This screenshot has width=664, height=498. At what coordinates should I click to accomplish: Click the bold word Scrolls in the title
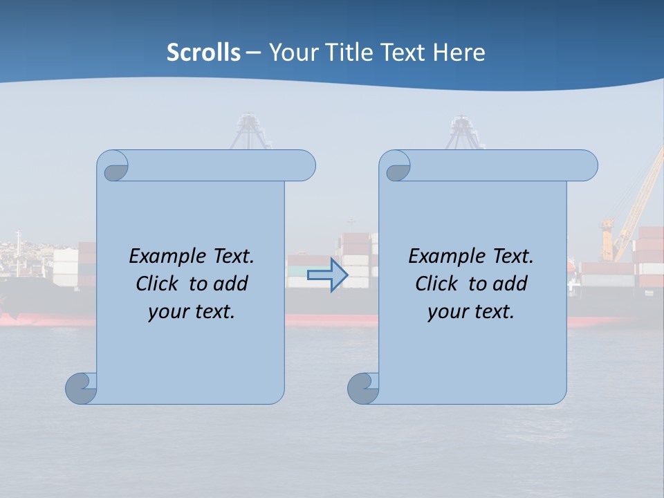point(203,53)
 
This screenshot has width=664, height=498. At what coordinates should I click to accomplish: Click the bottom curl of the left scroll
point(81,388)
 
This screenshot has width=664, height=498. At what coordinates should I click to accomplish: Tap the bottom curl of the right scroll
point(362,388)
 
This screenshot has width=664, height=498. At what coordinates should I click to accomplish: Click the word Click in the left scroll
point(158,284)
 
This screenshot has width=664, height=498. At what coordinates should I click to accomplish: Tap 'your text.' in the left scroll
point(192,311)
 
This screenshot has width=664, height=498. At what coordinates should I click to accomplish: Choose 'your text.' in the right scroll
point(471,311)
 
